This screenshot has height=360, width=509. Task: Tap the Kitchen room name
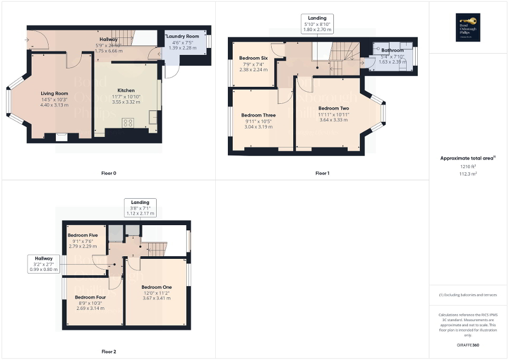pos(126,90)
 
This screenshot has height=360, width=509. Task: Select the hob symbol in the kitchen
pos(128,123)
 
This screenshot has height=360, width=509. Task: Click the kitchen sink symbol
pos(153,117)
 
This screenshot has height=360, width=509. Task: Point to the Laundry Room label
pos(183,36)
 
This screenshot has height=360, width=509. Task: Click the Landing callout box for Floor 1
pos(317,24)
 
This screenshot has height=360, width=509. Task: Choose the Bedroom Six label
pos(253,58)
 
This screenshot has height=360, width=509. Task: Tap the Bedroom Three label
pos(258,115)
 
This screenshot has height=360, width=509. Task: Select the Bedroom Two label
pos(333,108)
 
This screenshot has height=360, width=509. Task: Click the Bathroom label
pos(392,51)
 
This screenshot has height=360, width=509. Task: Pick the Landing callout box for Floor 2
pos(140,208)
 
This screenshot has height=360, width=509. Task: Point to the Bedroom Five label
pos(83,236)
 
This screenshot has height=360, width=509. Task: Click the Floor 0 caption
pos(109,173)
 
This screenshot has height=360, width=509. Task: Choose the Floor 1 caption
pos(322,173)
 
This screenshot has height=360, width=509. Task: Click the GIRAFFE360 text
pos(468,345)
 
